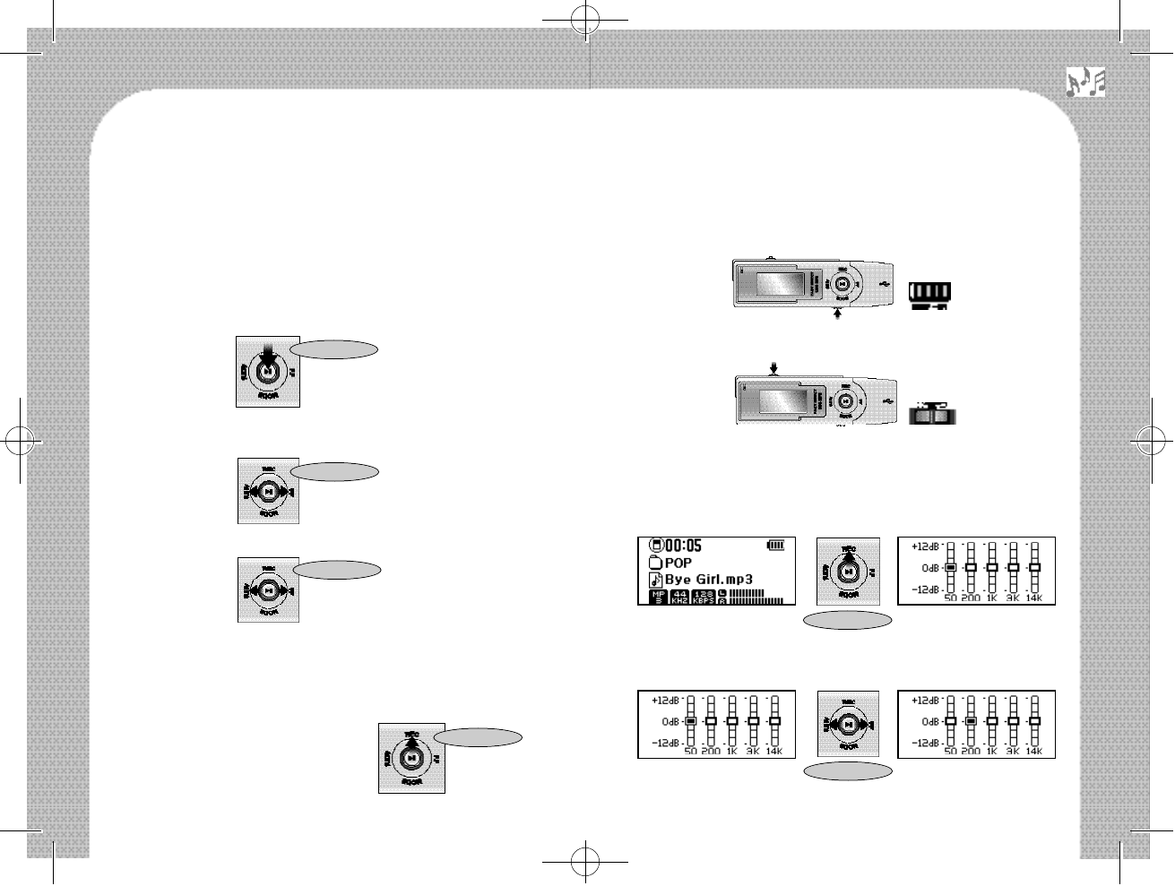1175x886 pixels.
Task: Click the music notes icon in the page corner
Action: tap(1085, 82)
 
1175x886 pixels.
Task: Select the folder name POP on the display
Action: tap(678, 563)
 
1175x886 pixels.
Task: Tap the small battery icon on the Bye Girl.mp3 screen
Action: tap(775, 545)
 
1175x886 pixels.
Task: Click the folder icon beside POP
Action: tap(655, 563)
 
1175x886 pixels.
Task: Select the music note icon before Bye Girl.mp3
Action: tap(655, 580)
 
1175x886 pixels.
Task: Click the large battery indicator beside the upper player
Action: tap(929, 293)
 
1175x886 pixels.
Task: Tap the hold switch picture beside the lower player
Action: tap(932, 414)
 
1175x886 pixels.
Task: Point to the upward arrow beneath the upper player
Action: tap(839, 315)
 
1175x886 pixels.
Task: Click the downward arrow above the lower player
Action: tap(773, 367)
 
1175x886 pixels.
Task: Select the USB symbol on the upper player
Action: tap(885, 282)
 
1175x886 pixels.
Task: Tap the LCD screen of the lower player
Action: tap(786, 400)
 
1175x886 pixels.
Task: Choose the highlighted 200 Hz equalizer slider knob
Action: tap(970, 720)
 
